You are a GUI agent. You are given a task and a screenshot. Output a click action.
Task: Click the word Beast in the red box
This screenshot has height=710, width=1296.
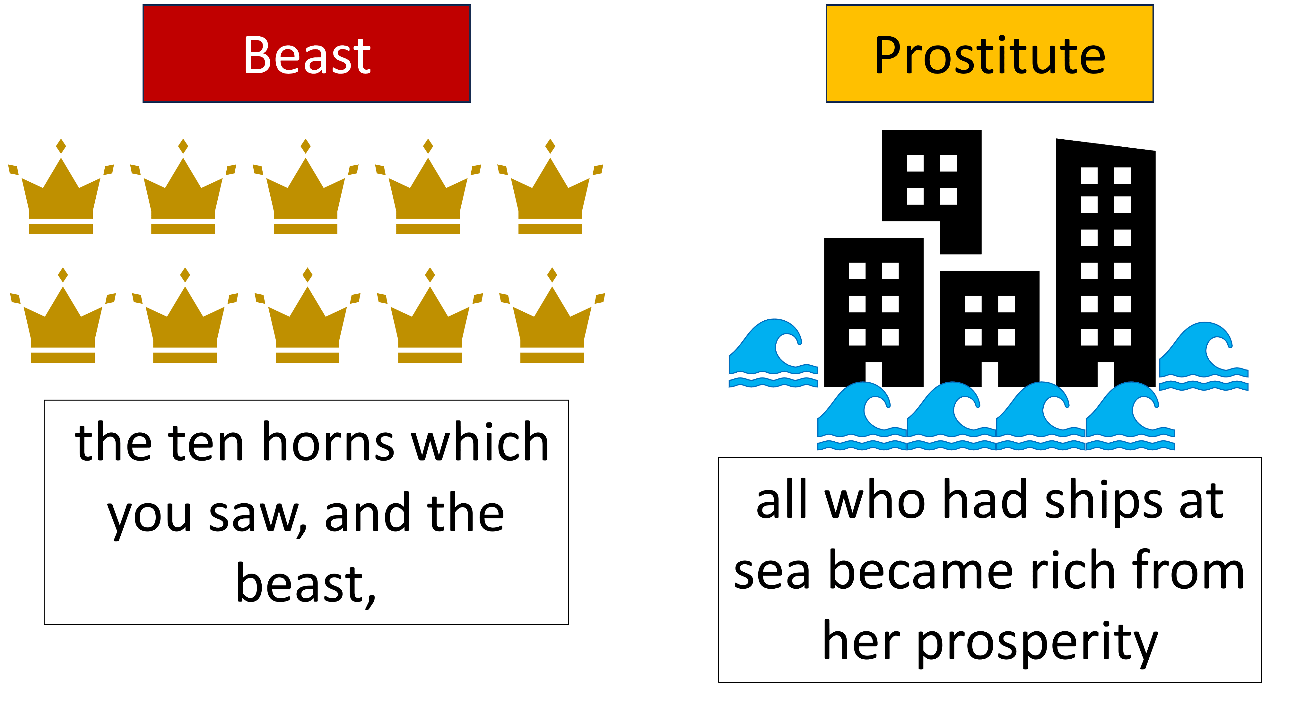[307, 55]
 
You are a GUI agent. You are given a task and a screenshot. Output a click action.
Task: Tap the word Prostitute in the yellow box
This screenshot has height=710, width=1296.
[990, 55]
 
